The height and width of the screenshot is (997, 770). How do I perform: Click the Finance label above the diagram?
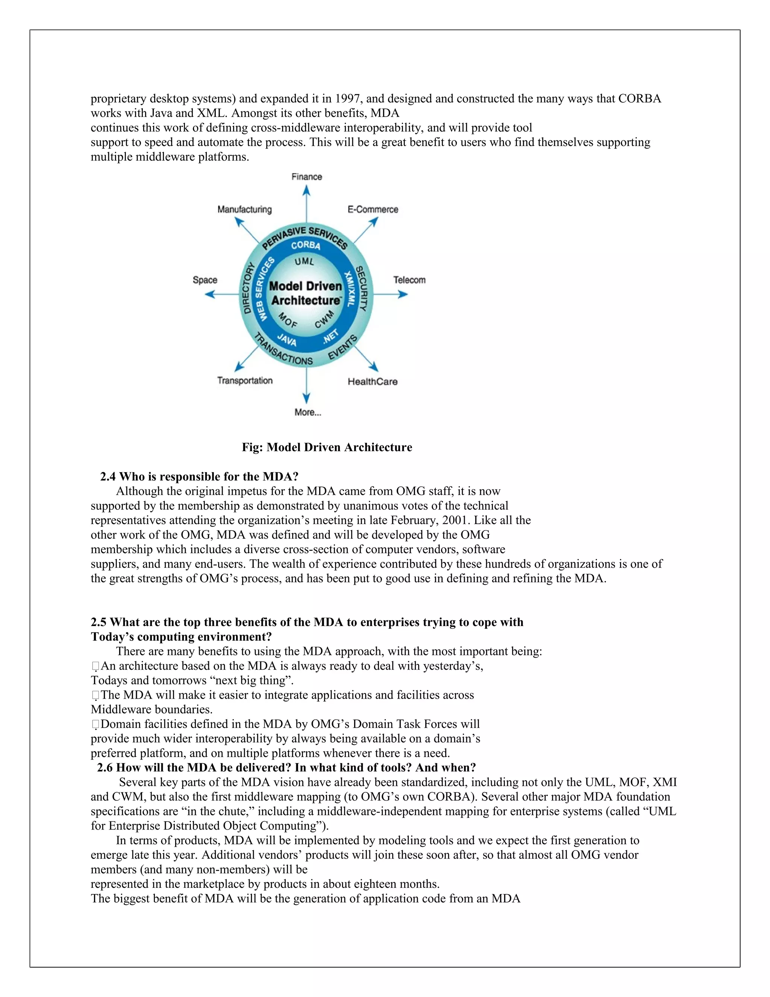coord(306,177)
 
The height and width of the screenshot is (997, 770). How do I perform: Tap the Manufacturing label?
coord(244,210)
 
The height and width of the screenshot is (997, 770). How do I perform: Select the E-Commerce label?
coord(373,210)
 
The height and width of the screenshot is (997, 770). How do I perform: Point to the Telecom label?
coord(409,280)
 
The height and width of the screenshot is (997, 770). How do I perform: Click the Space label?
coord(205,280)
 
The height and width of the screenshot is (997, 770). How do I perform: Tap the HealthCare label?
coord(372,381)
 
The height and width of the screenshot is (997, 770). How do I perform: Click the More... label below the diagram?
coord(308,412)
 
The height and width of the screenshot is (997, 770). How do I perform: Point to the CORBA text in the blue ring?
coord(306,245)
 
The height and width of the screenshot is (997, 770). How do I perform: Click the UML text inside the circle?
coord(304,261)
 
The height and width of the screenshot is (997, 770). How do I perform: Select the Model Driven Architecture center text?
coord(305,293)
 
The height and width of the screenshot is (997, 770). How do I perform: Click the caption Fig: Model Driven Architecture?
coord(327,447)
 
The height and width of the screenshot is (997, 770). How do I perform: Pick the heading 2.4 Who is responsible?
coord(199,477)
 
